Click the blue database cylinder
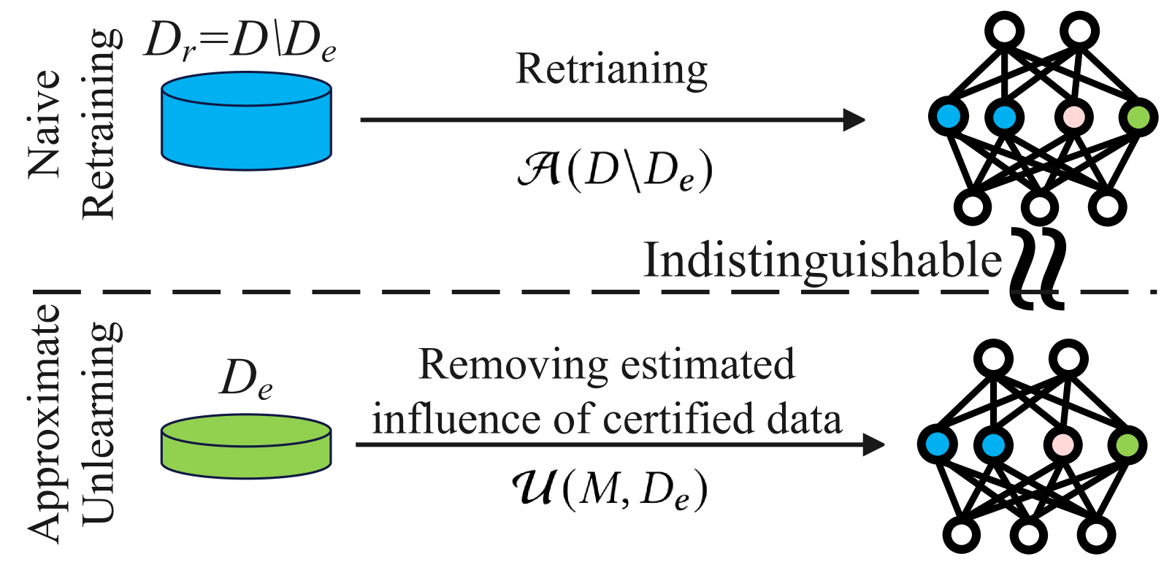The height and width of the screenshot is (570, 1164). [x=246, y=122]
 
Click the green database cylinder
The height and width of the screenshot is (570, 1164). [x=246, y=447]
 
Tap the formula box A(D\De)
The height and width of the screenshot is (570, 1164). [x=612, y=169]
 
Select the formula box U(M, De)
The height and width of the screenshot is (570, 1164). [x=608, y=493]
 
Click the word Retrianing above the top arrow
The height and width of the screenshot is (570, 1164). [x=612, y=70]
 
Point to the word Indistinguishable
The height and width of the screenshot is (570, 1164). [x=822, y=261]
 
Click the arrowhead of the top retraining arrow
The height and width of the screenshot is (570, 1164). [x=854, y=120]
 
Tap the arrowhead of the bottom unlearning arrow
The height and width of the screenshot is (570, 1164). [x=874, y=444]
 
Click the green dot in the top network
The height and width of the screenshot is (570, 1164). [x=1138, y=117]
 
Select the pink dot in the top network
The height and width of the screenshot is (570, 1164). [x=1073, y=117]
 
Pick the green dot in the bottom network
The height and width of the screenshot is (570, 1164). [x=1127, y=444]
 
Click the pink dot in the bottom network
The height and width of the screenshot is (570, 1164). [x=1062, y=444]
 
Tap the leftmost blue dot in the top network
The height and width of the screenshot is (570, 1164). [x=948, y=116]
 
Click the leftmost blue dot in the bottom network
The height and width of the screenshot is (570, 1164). [x=937, y=444]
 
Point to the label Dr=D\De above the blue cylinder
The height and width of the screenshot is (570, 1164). [x=240, y=40]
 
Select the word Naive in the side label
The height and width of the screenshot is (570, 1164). [x=44, y=124]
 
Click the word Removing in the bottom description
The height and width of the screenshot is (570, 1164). [x=513, y=364]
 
